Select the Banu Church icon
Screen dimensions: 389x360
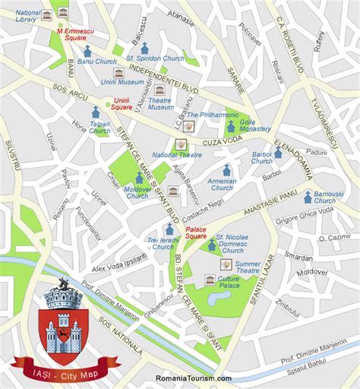coord(87,50)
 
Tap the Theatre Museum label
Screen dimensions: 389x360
coord(160,103)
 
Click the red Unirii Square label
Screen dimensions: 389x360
coord(122,103)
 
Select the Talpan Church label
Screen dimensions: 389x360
coord(99,127)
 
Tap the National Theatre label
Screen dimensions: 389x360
coord(176,154)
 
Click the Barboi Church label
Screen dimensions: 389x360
coord(261,157)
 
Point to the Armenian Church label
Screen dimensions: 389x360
coord(223,184)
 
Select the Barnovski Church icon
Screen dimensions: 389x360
coord(308,197)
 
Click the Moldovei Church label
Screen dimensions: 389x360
coord(137,192)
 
